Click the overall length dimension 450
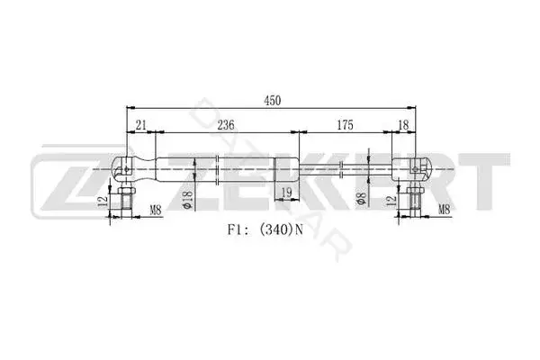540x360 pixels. tap(273, 101)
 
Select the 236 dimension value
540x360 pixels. tap(226, 125)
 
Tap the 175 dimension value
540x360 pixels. tap(345, 125)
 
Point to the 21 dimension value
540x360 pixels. tap(141, 125)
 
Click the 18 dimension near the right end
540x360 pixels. tap(403, 125)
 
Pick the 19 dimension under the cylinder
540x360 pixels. tap(286, 193)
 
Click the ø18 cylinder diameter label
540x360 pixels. tap(188, 200)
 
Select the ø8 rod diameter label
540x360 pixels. tap(361, 199)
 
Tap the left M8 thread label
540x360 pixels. tap(156, 210)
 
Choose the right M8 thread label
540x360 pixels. tap(445, 209)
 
